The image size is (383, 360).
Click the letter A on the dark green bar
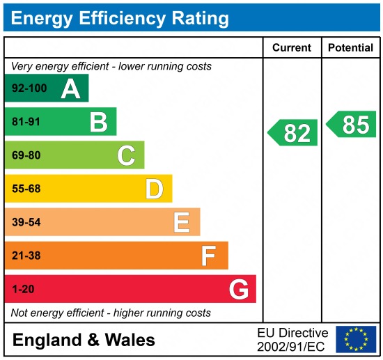click(70, 88)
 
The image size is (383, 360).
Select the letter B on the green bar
click(98, 122)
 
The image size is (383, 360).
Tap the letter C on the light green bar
click(126, 155)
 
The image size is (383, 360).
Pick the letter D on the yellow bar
click(154, 189)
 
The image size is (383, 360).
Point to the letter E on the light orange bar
click(182, 222)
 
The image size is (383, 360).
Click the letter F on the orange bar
click(209, 256)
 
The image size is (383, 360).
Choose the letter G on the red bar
click(239, 289)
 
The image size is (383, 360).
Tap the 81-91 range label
click(26, 122)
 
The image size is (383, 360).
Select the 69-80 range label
click(26, 155)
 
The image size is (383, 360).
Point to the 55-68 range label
click(26, 189)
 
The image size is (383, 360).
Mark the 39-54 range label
click(26, 222)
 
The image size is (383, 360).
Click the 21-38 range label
click(26, 256)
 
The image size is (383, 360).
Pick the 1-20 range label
click(22, 289)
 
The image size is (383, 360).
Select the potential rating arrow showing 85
click(352, 125)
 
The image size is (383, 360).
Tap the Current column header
click(291, 48)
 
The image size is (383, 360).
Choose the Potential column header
click(351, 48)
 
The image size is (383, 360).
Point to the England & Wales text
click(84, 341)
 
